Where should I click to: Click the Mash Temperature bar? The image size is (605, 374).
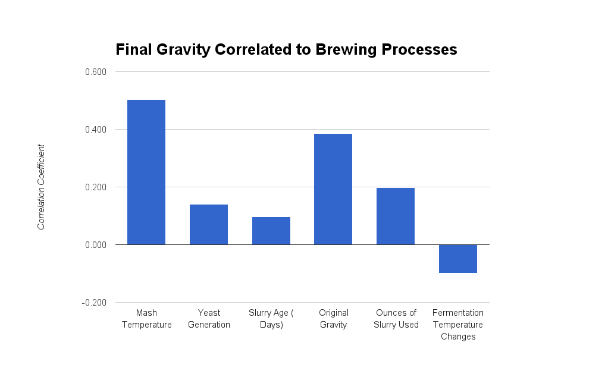pos(146,172)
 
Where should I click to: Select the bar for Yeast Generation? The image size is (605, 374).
pos(209,225)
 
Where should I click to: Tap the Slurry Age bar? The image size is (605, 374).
pos(271,231)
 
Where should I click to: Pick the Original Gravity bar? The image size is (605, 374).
pos(333,189)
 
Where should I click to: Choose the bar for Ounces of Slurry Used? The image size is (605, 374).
pos(396,216)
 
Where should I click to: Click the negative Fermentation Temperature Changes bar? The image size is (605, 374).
pos(458,259)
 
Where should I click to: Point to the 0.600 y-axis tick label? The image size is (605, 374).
pos(95,72)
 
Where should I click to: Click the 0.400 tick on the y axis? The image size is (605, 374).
pos(95,130)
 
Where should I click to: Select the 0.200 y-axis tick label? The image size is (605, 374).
pos(95,187)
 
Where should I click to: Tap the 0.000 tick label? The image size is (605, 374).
pos(95,245)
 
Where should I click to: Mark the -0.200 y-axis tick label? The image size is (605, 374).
pos(93,303)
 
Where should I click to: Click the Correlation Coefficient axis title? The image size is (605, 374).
pos(41,187)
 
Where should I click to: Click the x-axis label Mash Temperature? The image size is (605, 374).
pos(146,319)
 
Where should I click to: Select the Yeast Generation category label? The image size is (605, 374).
pos(209,319)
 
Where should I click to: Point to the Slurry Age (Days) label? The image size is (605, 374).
pos(271,319)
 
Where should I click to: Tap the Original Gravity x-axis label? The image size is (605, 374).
pos(333,319)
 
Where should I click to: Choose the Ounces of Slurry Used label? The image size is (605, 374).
pos(396,319)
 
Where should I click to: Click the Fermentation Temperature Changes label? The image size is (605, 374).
pos(458,325)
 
